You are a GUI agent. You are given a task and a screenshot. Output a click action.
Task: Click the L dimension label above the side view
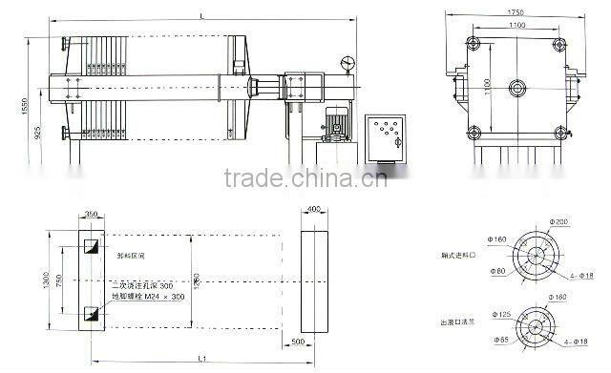click(x=202, y=12)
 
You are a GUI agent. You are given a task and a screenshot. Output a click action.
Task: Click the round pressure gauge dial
click(x=346, y=64)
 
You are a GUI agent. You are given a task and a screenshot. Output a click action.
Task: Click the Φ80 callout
click(x=498, y=271)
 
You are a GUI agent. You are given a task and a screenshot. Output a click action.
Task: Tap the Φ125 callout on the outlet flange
click(x=499, y=314)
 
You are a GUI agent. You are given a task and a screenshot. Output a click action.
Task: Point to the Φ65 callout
click(x=499, y=340)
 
